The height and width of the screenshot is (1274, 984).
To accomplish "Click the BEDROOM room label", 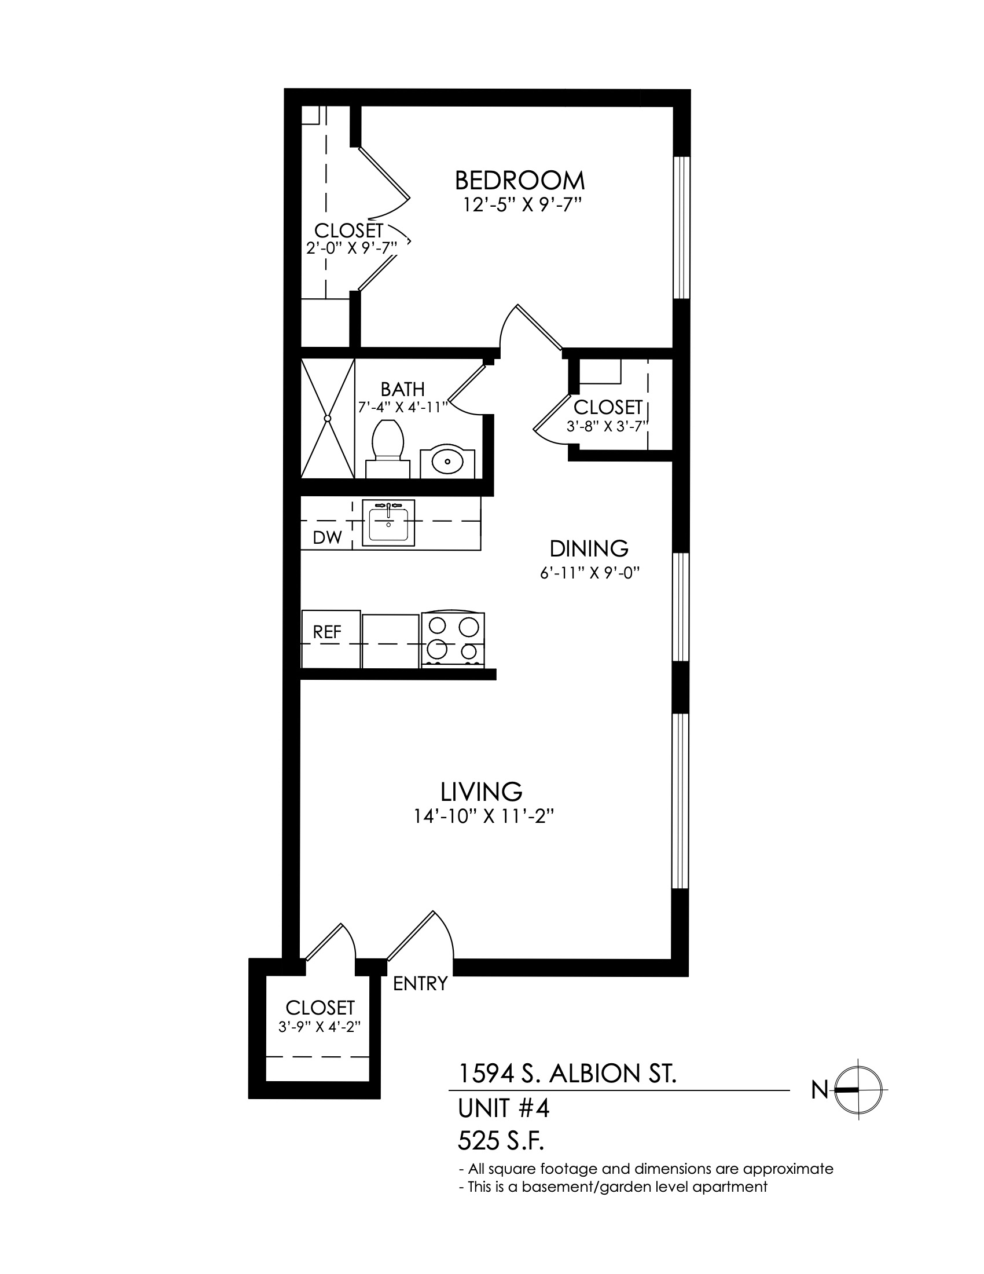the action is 519,181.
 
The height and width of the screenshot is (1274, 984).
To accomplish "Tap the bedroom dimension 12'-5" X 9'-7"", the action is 523,206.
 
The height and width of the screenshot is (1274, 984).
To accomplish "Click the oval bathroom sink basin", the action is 447,463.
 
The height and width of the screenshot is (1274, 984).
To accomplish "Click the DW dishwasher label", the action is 327,537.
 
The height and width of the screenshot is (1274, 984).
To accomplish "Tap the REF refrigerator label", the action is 327,632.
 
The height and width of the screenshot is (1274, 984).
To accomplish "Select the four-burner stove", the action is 453,639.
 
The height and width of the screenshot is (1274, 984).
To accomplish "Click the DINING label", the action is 589,549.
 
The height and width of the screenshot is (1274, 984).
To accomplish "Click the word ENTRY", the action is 420,984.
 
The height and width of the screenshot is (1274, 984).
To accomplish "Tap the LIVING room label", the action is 482,792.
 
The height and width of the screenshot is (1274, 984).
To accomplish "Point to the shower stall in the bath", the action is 328,418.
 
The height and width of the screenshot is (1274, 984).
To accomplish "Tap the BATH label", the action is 403,389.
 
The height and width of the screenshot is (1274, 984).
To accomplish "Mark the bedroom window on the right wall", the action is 681,228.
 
